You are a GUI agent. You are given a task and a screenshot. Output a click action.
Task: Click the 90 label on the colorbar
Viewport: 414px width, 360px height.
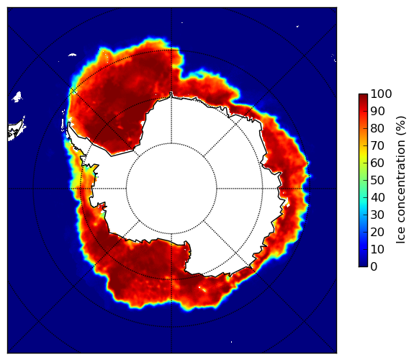(377, 111)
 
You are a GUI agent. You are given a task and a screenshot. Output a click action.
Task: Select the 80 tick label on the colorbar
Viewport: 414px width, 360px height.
(377, 129)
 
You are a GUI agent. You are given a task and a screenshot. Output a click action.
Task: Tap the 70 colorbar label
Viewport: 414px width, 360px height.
(377, 145)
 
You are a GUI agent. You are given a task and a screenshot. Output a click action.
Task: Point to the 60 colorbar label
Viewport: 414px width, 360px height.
(377, 163)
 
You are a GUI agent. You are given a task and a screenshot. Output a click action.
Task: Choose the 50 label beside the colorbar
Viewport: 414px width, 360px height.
(377, 181)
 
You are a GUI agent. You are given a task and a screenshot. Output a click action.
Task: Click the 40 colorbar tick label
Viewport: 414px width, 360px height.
(377, 197)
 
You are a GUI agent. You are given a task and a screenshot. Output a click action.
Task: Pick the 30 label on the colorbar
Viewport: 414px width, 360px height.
(377, 215)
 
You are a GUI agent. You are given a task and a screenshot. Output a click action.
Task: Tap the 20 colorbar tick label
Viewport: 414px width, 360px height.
(377, 232)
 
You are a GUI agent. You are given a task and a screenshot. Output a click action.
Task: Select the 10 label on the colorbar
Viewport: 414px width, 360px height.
(377, 249)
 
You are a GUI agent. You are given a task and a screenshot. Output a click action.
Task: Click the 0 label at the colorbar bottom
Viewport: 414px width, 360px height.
(374, 267)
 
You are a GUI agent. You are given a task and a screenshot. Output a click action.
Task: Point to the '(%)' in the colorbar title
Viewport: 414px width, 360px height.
(401, 125)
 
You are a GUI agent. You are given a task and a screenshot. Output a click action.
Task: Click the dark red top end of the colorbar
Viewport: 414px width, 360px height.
(363, 96)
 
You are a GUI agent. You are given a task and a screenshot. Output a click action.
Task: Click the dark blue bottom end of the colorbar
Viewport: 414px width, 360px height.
(363, 265)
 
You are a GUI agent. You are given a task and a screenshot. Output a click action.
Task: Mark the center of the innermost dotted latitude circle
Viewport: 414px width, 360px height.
(171, 189)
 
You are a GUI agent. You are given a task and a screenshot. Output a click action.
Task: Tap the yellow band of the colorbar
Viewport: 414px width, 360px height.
(363, 156)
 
